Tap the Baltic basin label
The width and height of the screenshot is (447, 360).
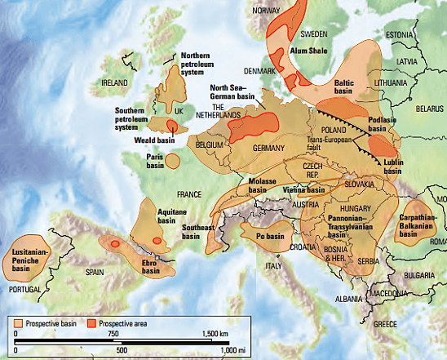coord(348,87)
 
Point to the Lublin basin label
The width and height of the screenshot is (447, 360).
coord(392,167)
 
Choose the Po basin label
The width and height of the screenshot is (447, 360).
coord(269,236)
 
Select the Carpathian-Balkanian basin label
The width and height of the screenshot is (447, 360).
coord(418,226)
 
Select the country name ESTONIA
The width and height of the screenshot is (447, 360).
coord(401,34)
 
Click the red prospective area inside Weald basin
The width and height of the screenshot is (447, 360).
coord(171,125)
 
